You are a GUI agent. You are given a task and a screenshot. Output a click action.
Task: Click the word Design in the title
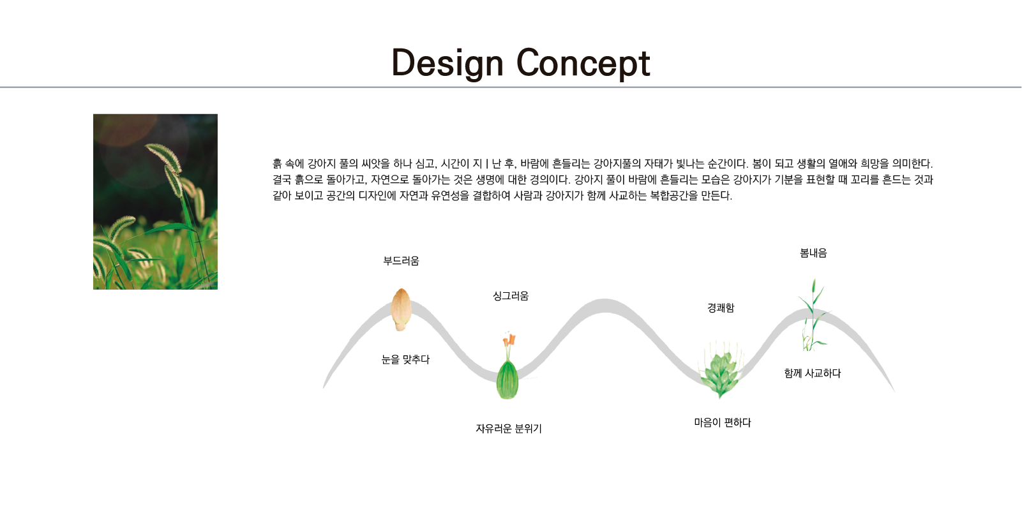coord(447,63)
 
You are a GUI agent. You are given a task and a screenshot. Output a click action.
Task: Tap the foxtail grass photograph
coord(155,202)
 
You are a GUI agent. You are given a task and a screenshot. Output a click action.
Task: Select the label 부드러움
coord(401,261)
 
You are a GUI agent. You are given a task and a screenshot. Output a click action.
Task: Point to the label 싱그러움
coord(511,296)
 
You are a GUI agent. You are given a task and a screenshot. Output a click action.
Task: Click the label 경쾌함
coord(721,308)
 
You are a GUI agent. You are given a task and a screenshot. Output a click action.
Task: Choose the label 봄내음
coord(813,253)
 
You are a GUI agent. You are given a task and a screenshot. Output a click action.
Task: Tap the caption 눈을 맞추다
coord(405,360)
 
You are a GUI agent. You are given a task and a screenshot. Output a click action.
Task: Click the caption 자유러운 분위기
coord(509,429)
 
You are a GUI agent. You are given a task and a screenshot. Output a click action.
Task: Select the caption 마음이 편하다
coord(723,422)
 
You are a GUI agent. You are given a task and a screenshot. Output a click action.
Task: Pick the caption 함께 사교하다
coord(813,373)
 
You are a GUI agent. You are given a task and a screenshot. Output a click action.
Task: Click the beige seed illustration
coord(401,309)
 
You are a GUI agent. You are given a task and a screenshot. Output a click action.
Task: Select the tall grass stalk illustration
coord(813,315)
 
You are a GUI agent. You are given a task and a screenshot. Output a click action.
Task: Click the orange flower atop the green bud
coord(509,340)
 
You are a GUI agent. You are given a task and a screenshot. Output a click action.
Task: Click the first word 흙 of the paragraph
coord(277,163)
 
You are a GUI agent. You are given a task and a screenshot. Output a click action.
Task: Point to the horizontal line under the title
coord(511,87)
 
